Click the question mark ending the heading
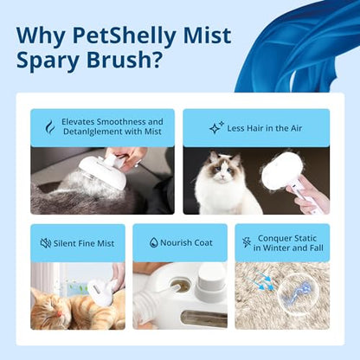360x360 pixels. coord(154,59)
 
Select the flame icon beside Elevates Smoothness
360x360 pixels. coord(50,127)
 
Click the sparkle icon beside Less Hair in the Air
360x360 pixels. coord(216,128)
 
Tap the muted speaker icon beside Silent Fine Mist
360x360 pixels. coord(46,243)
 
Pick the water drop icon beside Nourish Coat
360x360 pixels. coord(154,242)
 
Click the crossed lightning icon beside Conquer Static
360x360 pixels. coord(247,243)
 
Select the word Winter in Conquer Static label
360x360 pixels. coord(277,247)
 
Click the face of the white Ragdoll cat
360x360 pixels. coord(222,170)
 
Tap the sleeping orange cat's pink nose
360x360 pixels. coord(59,313)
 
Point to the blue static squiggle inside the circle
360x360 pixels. coord(292,292)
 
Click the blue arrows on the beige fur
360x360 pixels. coord(261,279)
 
